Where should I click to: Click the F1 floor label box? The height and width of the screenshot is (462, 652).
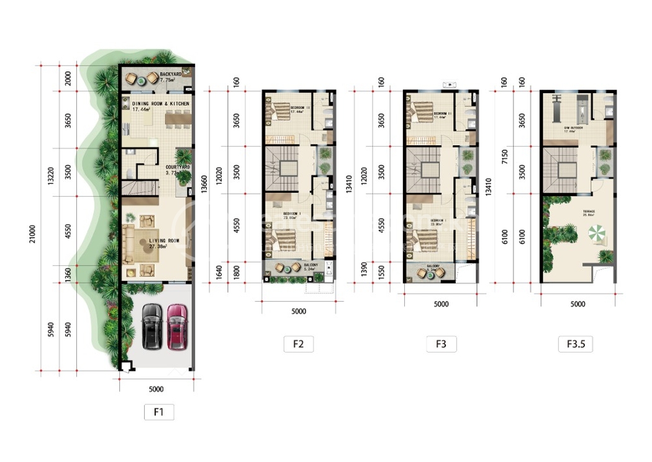pyautogui.click(x=159, y=412)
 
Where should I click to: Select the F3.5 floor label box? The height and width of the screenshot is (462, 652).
pyautogui.click(x=577, y=344)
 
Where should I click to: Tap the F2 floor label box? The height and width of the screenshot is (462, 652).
pyautogui.click(x=299, y=344)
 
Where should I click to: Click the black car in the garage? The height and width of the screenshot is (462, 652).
pyautogui.click(x=151, y=325)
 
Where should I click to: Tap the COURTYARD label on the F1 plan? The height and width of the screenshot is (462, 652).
pyautogui.click(x=177, y=167)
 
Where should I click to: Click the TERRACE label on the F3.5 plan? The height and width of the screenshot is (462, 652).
pyautogui.click(x=588, y=212)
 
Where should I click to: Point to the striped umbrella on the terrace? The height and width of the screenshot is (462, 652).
pyautogui.click(x=599, y=234)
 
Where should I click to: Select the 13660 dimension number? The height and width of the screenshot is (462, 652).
pyautogui.click(x=204, y=185)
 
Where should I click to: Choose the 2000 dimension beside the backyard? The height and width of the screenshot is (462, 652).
pyautogui.click(x=68, y=78)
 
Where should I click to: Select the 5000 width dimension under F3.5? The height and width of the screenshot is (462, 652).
pyautogui.click(x=577, y=304)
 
